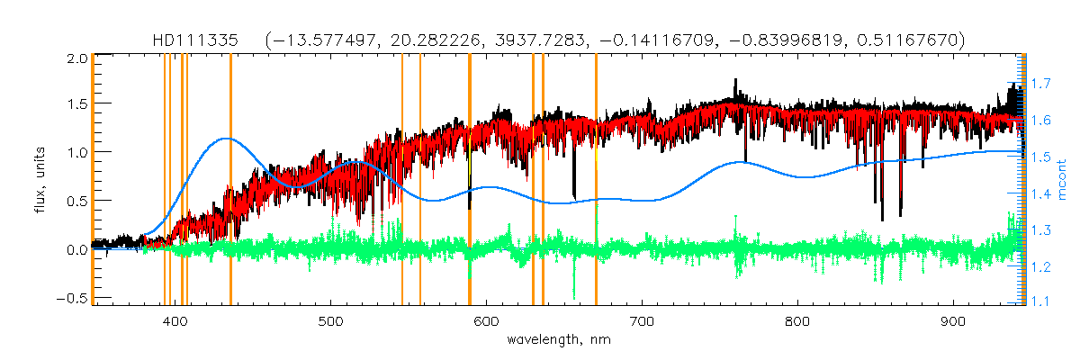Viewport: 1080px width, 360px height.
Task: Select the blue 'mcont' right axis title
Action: click(x=1062, y=180)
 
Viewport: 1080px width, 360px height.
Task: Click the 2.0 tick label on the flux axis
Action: click(x=77, y=58)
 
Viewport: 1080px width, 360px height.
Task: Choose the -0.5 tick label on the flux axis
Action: click(x=74, y=298)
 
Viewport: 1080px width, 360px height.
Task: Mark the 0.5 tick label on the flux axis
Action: click(x=77, y=202)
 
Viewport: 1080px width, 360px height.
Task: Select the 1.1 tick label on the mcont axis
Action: click(x=1041, y=303)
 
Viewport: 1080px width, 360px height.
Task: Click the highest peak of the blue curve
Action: click(x=226, y=139)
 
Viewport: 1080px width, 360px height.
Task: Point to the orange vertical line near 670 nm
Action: click(x=596, y=180)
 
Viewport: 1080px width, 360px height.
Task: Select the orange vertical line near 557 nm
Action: click(x=420, y=180)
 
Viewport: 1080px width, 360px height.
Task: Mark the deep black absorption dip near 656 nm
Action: click(x=574, y=193)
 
